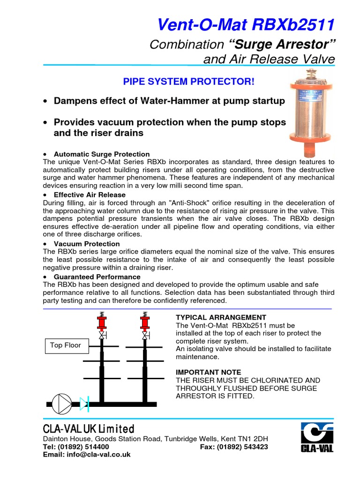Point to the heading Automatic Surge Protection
pos(102,154)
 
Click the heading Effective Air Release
pos(90,195)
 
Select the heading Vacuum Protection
pos(87,244)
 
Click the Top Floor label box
pos(66,345)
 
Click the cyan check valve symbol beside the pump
pos(84,403)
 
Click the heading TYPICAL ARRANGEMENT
pos(221,317)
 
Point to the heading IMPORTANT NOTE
pos(208,372)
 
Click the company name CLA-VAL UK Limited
pos(89,429)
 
